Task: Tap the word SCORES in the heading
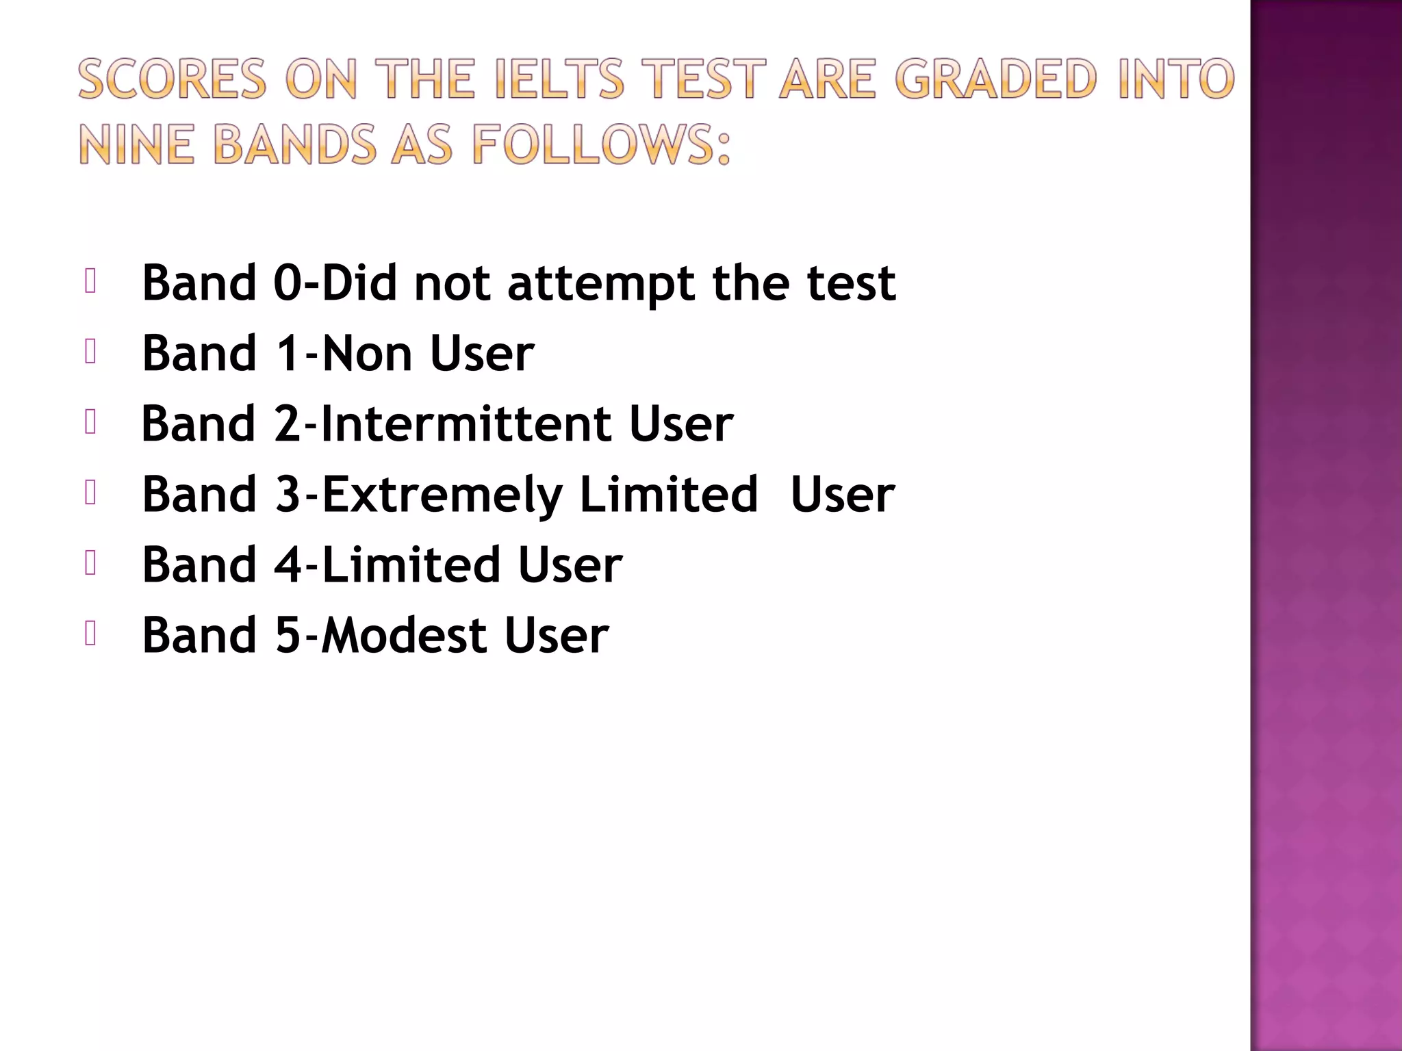(172, 79)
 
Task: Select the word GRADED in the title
(996, 79)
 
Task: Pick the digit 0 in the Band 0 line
(288, 283)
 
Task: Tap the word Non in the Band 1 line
(367, 354)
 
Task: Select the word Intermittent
(465, 424)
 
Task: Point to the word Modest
(404, 636)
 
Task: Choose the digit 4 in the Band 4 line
(288, 565)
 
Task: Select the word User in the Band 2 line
(680, 424)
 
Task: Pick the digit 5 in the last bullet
(288, 636)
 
